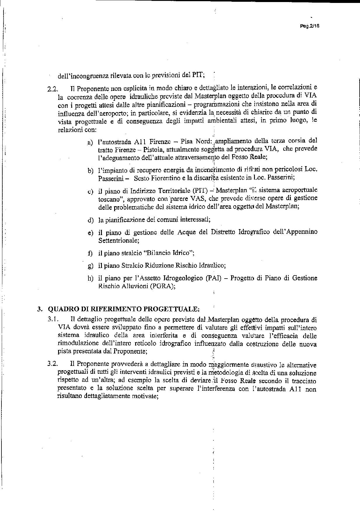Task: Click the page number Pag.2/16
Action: click(x=310, y=26)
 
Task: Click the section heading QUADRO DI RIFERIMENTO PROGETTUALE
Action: click(x=124, y=309)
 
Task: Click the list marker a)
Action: click(x=90, y=143)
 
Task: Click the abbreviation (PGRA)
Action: click(x=162, y=286)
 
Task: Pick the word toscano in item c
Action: click(x=109, y=198)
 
